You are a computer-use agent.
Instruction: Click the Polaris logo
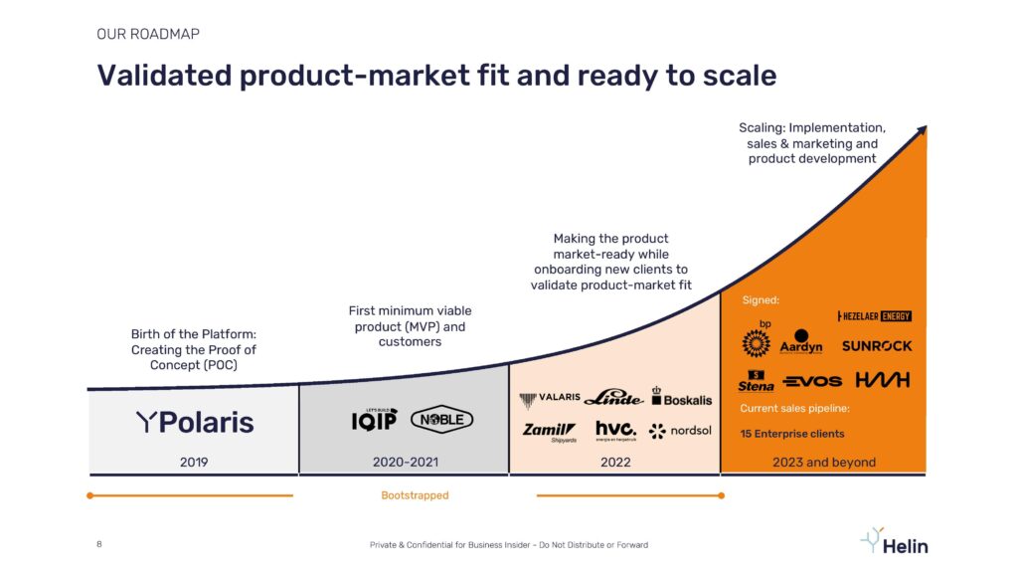pyautogui.click(x=195, y=422)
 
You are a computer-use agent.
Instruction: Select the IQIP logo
pyautogui.click(x=374, y=420)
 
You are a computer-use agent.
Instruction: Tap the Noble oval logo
pyautogui.click(x=442, y=420)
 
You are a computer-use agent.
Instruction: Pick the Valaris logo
pyautogui.click(x=549, y=399)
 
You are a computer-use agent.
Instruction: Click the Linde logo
pyautogui.click(x=613, y=398)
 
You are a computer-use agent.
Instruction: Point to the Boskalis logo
pyautogui.click(x=682, y=397)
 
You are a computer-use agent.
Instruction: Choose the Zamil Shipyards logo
pyautogui.click(x=549, y=432)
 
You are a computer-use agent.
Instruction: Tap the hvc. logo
pyautogui.click(x=616, y=430)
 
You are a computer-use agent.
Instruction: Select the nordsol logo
pyautogui.click(x=680, y=431)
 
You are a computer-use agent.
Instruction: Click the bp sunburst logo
pyautogui.click(x=757, y=339)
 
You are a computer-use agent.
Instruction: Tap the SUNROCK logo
pyautogui.click(x=877, y=346)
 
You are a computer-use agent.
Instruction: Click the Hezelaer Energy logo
pyautogui.click(x=875, y=316)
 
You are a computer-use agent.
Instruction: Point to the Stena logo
pyautogui.click(x=756, y=381)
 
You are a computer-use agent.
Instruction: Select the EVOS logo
pyautogui.click(x=812, y=381)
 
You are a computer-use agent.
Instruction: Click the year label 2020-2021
pyautogui.click(x=406, y=462)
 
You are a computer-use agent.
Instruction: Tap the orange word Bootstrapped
pyautogui.click(x=415, y=495)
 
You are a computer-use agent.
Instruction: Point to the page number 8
pyautogui.click(x=99, y=544)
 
